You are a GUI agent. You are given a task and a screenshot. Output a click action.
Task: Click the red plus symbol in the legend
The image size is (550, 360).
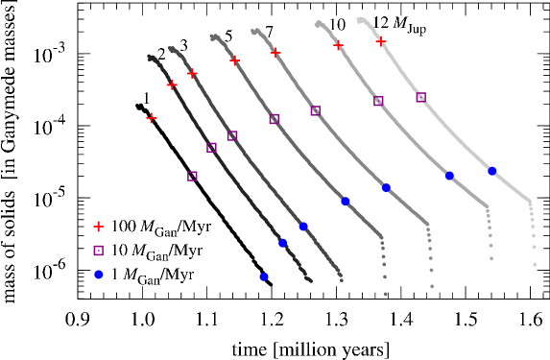pos(98,227)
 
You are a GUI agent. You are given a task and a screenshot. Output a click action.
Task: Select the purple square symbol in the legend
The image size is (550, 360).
pos(98,251)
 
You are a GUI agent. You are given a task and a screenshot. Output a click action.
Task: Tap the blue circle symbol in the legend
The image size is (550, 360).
pos(98,275)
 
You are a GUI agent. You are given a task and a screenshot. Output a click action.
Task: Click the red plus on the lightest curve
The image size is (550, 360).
pos(381,41)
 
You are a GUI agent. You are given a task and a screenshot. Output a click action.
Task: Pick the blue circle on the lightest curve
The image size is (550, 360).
pos(491,171)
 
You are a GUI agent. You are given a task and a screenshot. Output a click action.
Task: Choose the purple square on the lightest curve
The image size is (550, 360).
pos(420,97)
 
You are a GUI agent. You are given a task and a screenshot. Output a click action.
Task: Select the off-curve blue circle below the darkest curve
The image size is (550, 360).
pos(263,276)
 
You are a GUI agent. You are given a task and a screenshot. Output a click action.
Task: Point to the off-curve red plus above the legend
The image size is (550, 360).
pos(151,118)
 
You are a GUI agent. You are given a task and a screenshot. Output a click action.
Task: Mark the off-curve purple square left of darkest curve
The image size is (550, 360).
pos(192,176)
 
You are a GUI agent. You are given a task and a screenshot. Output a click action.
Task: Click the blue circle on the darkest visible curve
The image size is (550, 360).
pos(282,243)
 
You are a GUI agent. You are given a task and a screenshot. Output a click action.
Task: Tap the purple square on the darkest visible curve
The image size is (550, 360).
pos(211,147)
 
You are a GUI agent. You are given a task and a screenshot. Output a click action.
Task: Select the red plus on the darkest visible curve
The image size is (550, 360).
pos(172,84)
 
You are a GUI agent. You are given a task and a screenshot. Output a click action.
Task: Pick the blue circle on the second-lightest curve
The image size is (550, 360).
pos(449,176)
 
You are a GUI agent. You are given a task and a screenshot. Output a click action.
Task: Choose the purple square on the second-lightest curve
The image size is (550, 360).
pos(378,101)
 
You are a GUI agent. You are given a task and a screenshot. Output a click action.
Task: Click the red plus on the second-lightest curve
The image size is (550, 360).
pos(338,44)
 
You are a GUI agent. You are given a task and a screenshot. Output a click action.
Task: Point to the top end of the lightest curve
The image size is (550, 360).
pos(359,19)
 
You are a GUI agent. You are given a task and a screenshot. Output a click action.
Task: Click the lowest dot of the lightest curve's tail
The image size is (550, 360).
pos(535,263)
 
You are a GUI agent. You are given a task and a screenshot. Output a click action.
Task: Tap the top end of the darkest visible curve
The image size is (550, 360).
pos(150,58)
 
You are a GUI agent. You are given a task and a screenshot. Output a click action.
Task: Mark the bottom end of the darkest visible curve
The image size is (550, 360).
pos(309,280)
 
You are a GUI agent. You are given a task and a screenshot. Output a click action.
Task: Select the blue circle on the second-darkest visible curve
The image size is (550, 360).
pos(303,227)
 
